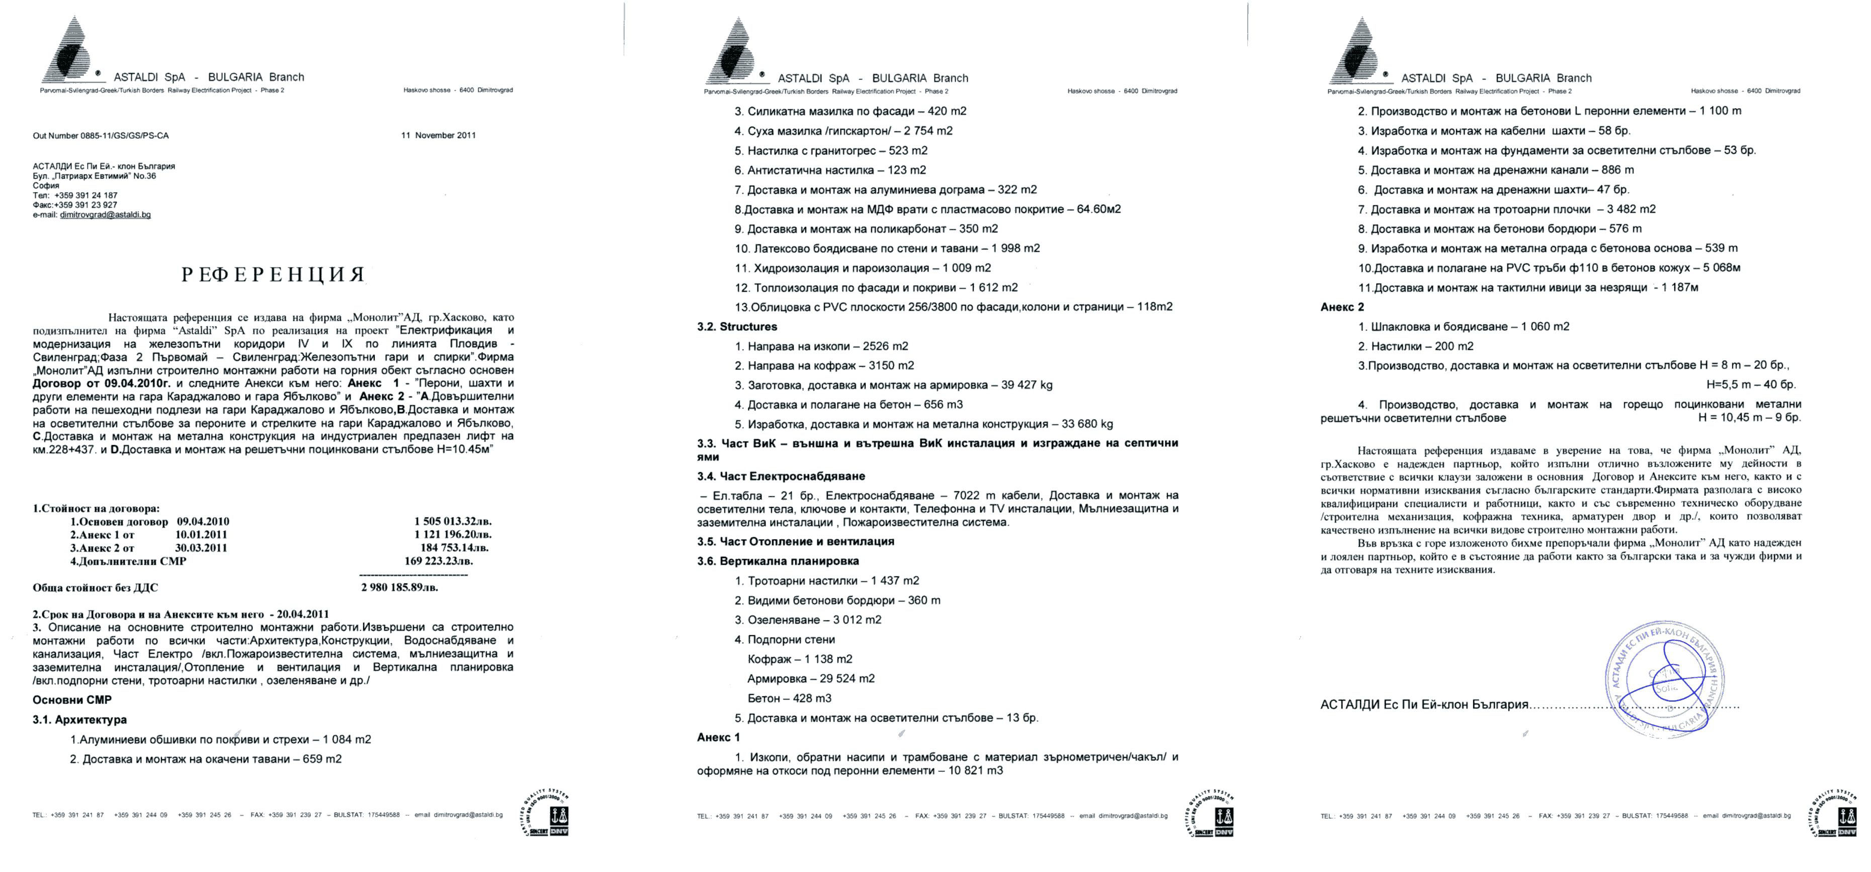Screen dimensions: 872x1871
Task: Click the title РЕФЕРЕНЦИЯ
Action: (273, 275)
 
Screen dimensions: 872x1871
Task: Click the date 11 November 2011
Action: (438, 135)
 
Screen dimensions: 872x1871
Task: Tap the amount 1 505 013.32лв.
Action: (453, 521)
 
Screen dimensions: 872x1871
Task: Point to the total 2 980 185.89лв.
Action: (399, 587)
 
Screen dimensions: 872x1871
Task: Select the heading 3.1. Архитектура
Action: (80, 720)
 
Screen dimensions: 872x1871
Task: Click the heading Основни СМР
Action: (72, 700)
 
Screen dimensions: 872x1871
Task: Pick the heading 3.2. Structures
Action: (737, 327)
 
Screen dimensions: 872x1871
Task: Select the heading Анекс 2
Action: (1342, 307)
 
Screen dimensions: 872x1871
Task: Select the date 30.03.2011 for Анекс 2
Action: (201, 548)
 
